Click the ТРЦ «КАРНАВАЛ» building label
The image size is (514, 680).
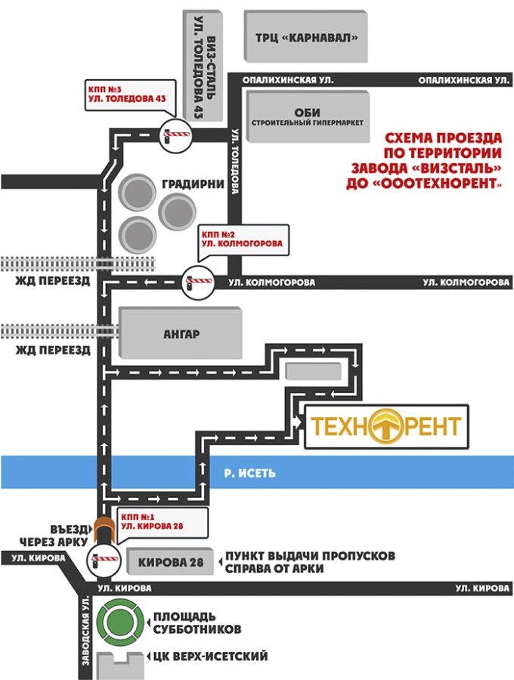pos(306,38)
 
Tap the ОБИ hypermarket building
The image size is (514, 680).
pos(308,116)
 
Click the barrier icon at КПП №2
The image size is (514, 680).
pos(198,283)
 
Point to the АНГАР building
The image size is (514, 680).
pos(181,333)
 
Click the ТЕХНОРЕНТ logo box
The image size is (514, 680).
pos(386,427)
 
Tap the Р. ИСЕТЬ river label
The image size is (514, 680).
pos(250,472)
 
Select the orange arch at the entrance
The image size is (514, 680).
pos(104,528)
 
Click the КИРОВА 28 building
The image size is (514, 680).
pos(171,562)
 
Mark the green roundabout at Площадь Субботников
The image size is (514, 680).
pos(119,621)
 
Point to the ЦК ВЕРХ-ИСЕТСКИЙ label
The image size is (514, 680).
pos(210,656)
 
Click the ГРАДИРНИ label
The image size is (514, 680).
pos(193,184)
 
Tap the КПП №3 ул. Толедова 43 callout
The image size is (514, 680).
pos(130,95)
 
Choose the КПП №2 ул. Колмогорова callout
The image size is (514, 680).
pos(243,240)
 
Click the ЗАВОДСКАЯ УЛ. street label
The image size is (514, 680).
pos(85,631)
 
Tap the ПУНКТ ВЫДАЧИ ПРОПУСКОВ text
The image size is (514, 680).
pos(310,555)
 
